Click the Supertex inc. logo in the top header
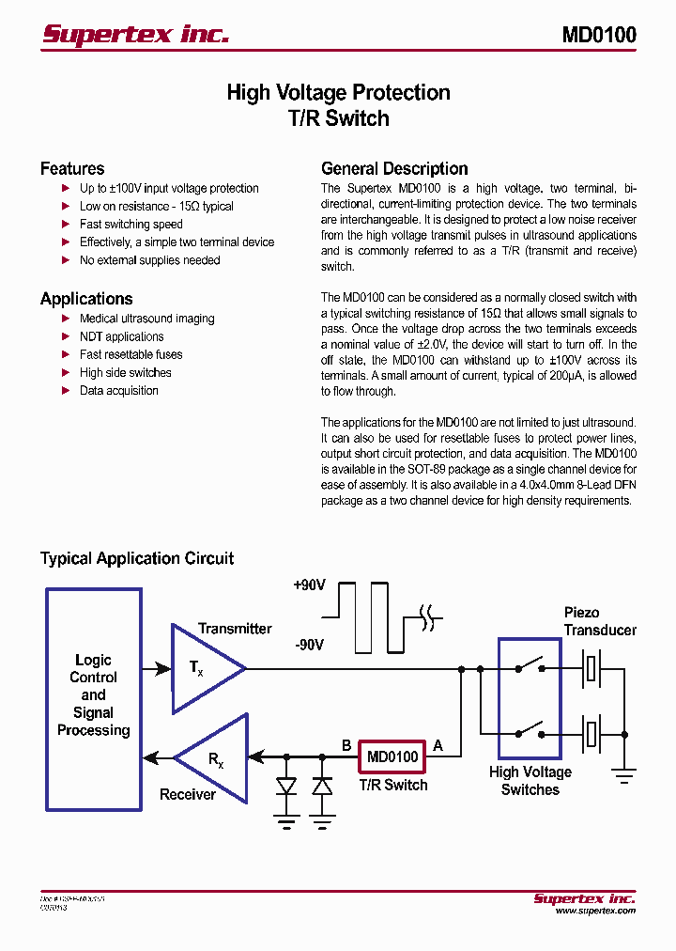[135, 35]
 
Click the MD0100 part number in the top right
[598, 35]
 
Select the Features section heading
[72, 169]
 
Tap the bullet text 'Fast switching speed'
[131, 225]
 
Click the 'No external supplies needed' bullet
[149, 260]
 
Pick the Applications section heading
[86, 299]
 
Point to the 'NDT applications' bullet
[121, 337]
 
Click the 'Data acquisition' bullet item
[118, 391]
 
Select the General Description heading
[394, 169]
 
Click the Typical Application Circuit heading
[137, 558]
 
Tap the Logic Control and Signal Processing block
[94, 696]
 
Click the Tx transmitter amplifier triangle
[202, 668]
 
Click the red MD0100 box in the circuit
[392, 756]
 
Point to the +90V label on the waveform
[309, 585]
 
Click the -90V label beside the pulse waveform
[309, 646]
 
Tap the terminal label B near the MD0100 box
[346, 746]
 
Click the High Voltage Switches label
[530, 781]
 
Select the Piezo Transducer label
[599, 621]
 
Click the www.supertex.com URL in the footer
[594, 911]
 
